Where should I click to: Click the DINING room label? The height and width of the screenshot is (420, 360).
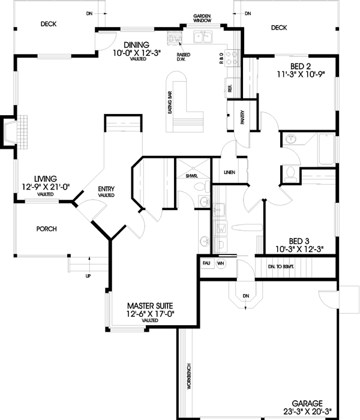tap(137, 44)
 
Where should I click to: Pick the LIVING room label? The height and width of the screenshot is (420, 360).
tap(45, 179)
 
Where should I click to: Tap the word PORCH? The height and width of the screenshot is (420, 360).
tap(46, 229)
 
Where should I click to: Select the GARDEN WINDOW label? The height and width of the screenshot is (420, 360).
tap(202, 17)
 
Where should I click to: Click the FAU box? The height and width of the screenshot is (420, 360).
tap(205, 263)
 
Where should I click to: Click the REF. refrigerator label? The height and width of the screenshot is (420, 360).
tap(230, 88)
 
